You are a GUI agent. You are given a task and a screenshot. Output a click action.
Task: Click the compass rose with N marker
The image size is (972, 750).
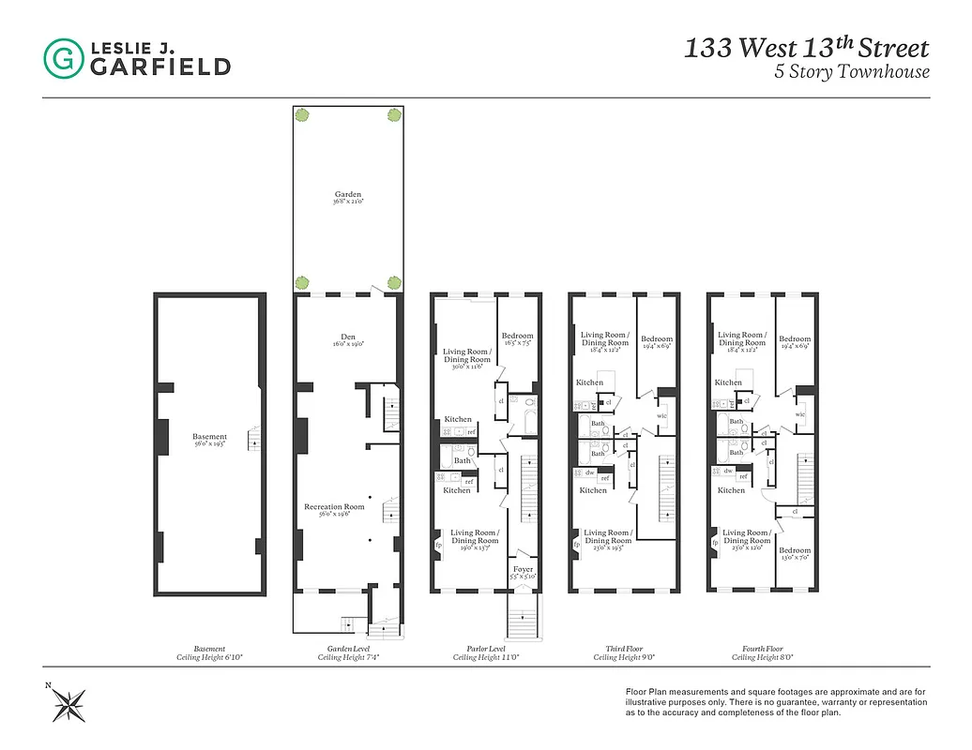(68, 701)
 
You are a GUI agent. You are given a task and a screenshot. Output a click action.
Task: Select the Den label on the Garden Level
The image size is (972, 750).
(348, 339)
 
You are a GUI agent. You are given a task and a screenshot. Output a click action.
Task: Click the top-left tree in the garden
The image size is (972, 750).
(303, 114)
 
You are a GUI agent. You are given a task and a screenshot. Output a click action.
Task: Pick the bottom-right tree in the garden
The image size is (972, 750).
(394, 282)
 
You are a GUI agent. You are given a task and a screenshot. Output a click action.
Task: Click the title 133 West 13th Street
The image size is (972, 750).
(806, 49)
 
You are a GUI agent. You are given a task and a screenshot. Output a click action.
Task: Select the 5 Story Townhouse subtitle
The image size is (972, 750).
(851, 72)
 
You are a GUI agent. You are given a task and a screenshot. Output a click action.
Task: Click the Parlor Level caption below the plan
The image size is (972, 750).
(485, 649)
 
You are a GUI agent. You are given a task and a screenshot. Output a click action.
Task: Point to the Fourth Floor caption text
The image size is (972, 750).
(761, 649)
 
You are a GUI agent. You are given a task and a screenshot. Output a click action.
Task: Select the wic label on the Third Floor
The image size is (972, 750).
(661, 415)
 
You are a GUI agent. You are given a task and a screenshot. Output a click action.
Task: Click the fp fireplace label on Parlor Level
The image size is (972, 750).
(438, 544)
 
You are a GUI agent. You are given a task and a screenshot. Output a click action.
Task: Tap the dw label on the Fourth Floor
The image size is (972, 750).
(728, 471)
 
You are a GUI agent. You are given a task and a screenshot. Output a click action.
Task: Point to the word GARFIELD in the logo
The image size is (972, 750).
(160, 67)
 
